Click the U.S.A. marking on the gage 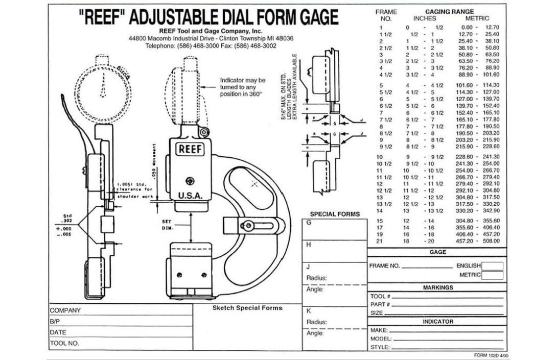click(x=191, y=196)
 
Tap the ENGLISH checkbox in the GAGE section click(x=493, y=266)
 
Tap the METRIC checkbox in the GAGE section click(x=493, y=275)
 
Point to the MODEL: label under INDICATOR click(x=381, y=339)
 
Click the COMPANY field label click(x=65, y=310)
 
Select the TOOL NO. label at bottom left click(x=64, y=343)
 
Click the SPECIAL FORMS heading click(x=335, y=214)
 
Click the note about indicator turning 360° click(x=242, y=87)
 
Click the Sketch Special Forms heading click(x=247, y=308)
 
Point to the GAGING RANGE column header click(x=449, y=11)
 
